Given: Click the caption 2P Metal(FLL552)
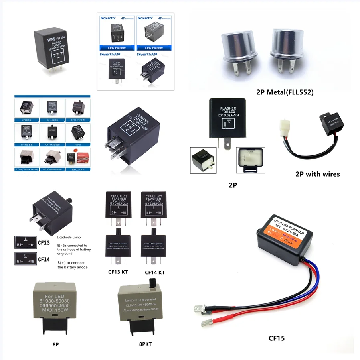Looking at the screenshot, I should click(x=285, y=92).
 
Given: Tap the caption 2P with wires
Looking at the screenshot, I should click(x=318, y=174).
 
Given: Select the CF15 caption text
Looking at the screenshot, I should click(x=277, y=338).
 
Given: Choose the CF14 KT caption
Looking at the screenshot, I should click(x=154, y=272).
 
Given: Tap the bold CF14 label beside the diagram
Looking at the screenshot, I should click(x=44, y=259).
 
